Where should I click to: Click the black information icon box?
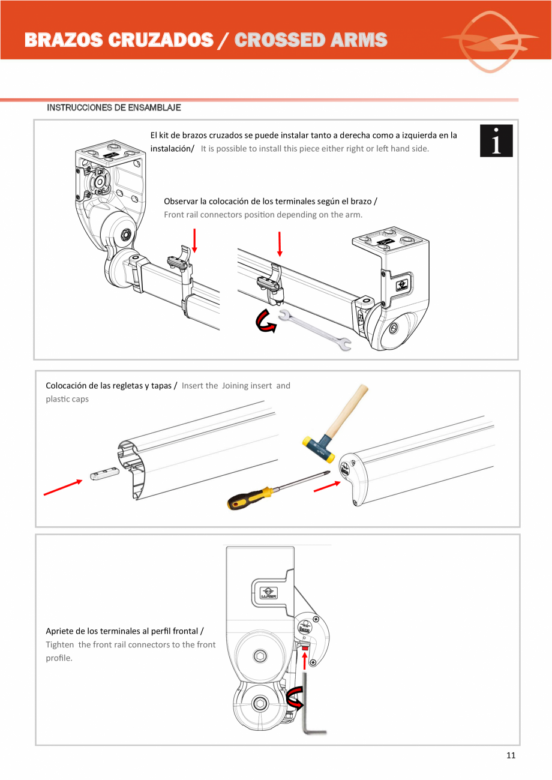coord(496,141)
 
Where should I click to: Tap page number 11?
coord(511,755)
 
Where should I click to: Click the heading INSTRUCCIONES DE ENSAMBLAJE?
coord(114,108)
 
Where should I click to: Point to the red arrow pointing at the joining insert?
coord(62,488)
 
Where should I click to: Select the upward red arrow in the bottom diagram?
coord(305,659)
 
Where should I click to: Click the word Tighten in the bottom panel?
coord(60,644)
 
